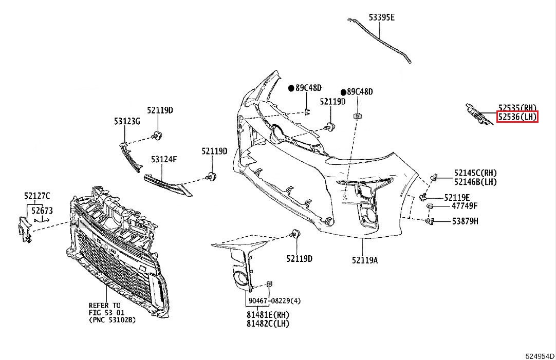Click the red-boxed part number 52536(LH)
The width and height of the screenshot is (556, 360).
tap(517, 117)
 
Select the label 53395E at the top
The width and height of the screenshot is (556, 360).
tap(381, 17)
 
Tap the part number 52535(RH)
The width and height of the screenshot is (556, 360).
tap(517, 108)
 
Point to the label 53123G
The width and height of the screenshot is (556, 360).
tap(127, 121)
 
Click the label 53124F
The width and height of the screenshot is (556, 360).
tap(164, 160)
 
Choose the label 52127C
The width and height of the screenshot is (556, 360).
tap(36, 195)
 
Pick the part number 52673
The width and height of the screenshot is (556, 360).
tap(41, 210)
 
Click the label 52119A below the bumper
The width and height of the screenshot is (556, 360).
tap(365, 260)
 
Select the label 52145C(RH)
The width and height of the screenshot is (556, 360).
tap(475, 173)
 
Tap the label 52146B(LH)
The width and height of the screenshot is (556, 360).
tap(475, 182)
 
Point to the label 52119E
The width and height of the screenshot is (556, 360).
tap(457, 197)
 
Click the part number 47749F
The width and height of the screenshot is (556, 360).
tap(465, 206)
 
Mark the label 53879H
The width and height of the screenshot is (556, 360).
tap(465, 221)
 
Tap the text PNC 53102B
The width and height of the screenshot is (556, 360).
tap(112, 320)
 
